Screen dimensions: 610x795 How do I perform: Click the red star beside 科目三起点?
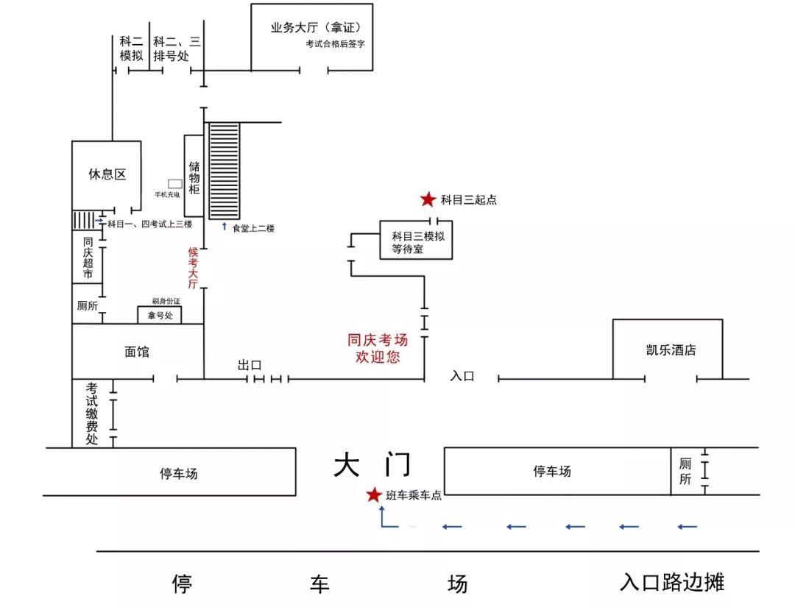tap(428, 199)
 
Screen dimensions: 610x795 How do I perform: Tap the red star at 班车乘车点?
tap(375, 495)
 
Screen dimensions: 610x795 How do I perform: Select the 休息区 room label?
tap(107, 174)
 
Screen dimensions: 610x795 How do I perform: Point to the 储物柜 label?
tap(194, 177)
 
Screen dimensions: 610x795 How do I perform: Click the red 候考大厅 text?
tap(194, 268)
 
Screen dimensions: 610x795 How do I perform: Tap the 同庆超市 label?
tap(88, 258)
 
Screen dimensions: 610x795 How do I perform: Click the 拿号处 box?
tap(160, 315)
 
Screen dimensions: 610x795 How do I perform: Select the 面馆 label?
tap(137, 352)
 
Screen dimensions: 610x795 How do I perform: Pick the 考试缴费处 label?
tap(92, 414)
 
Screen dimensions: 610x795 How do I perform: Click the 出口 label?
tap(250, 365)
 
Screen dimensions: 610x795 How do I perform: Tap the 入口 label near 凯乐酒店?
tap(462, 376)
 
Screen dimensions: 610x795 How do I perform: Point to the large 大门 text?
tap(372, 465)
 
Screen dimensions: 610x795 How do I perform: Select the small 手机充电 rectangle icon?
tap(174, 182)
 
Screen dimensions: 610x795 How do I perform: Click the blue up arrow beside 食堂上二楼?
tap(225, 227)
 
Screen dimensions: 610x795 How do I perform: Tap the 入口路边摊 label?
tap(671, 582)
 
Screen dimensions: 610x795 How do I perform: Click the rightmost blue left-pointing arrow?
tap(687, 526)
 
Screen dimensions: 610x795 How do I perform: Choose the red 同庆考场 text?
tap(378, 340)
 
